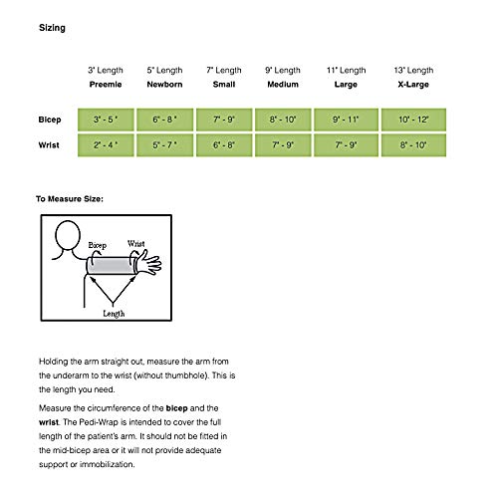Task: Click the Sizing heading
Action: point(52,28)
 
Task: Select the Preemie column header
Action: point(106,85)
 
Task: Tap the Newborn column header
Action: point(164,85)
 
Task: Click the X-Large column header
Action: point(413,85)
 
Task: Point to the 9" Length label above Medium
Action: point(283,71)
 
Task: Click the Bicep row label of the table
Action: point(50,120)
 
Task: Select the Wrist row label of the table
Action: point(49,145)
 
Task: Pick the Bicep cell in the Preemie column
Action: point(106,120)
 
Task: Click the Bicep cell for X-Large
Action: point(413,120)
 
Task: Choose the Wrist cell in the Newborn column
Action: point(164,145)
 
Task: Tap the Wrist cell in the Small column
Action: point(224,145)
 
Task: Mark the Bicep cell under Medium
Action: point(283,120)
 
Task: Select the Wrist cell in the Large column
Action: point(346,145)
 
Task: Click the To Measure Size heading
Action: point(70,199)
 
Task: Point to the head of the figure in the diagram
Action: point(68,235)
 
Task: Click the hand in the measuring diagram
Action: point(149,263)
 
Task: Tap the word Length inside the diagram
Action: point(114,314)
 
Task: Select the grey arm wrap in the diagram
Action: point(111,266)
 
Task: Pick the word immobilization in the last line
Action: point(107,464)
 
